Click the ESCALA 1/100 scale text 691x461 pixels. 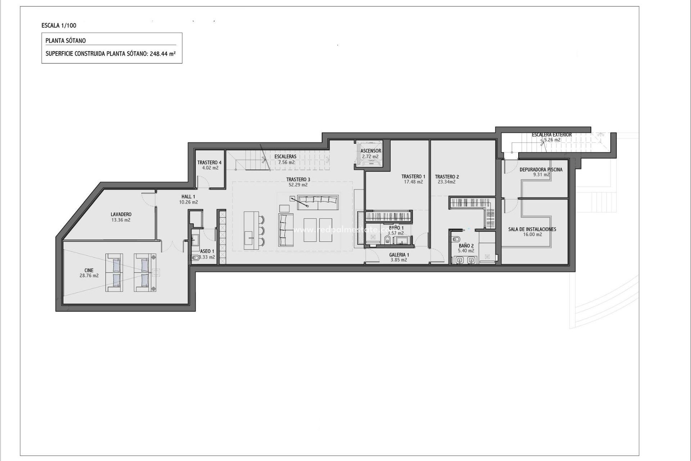(59, 26)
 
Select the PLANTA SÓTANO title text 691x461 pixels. (66, 41)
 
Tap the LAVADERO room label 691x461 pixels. (121, 214)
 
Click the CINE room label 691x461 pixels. (89, 270)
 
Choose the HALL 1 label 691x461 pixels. (188, 197)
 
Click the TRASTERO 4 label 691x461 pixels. (209, 162)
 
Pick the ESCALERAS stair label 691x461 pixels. (285, 157)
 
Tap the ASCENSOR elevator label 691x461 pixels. (371, 151)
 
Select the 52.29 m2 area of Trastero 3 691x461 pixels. (298, 185)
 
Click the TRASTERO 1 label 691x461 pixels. (413, 176)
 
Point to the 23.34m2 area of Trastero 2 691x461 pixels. (447, 182)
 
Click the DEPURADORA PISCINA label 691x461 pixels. (541, 170)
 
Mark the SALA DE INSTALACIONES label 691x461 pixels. (532, 229)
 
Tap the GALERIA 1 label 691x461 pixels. (399, 255)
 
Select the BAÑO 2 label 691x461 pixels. (466, 246)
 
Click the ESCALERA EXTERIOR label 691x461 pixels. (552, 135)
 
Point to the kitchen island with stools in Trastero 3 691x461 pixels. (250, 230)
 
